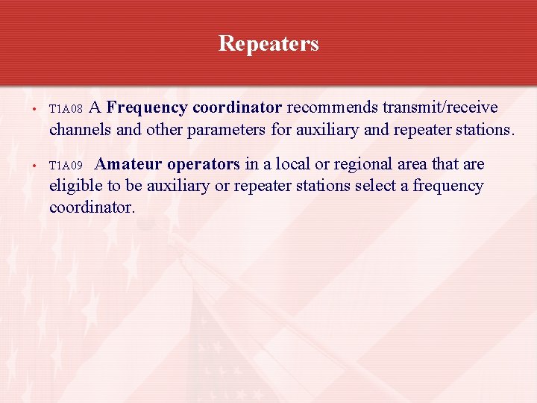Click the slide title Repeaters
268,44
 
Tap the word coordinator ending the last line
92,207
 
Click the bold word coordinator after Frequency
237,107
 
